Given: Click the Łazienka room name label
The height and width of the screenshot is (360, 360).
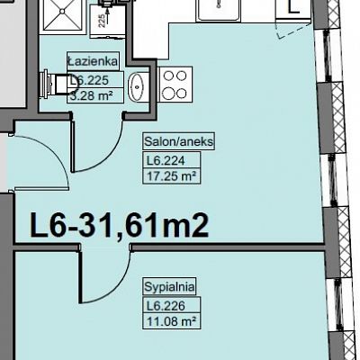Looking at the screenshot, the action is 93,61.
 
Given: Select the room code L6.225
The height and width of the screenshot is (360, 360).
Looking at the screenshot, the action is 89,80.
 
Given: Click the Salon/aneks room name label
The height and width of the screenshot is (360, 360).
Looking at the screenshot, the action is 179,141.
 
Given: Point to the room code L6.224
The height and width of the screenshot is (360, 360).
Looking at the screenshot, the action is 166,161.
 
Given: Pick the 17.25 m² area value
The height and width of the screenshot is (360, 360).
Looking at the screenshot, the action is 172,176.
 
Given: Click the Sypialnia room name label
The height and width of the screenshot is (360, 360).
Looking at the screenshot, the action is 169,287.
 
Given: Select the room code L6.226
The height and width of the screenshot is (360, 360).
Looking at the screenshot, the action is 166,306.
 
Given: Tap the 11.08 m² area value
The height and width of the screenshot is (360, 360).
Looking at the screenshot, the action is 172,321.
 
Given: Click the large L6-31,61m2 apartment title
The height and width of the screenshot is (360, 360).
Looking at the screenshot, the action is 119,225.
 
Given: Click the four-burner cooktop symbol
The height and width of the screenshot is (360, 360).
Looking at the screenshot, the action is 175,84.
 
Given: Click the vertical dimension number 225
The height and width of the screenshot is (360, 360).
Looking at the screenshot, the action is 102,21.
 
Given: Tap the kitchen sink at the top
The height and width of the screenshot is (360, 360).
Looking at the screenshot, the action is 219,11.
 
